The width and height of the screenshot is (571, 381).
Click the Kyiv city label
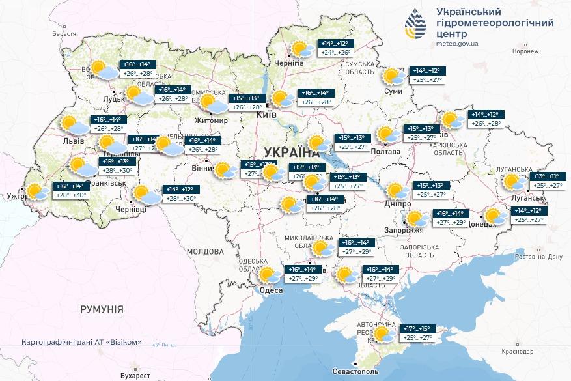point(268,115)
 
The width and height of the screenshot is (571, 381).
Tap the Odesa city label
point(272,290)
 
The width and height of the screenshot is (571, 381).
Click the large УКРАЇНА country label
point(292,152)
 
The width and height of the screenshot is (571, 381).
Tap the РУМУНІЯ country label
point(102,309)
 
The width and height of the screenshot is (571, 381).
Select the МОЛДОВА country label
point(204,251)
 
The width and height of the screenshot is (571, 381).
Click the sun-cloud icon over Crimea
point(383,334)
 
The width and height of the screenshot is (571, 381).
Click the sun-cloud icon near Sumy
point(393,77)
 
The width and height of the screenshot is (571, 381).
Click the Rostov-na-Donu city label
point(537,257)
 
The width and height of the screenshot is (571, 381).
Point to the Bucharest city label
point(135,376)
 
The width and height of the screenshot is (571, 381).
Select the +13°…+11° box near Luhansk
point(546,176)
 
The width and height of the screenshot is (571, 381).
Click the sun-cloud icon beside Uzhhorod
point(37,191)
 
